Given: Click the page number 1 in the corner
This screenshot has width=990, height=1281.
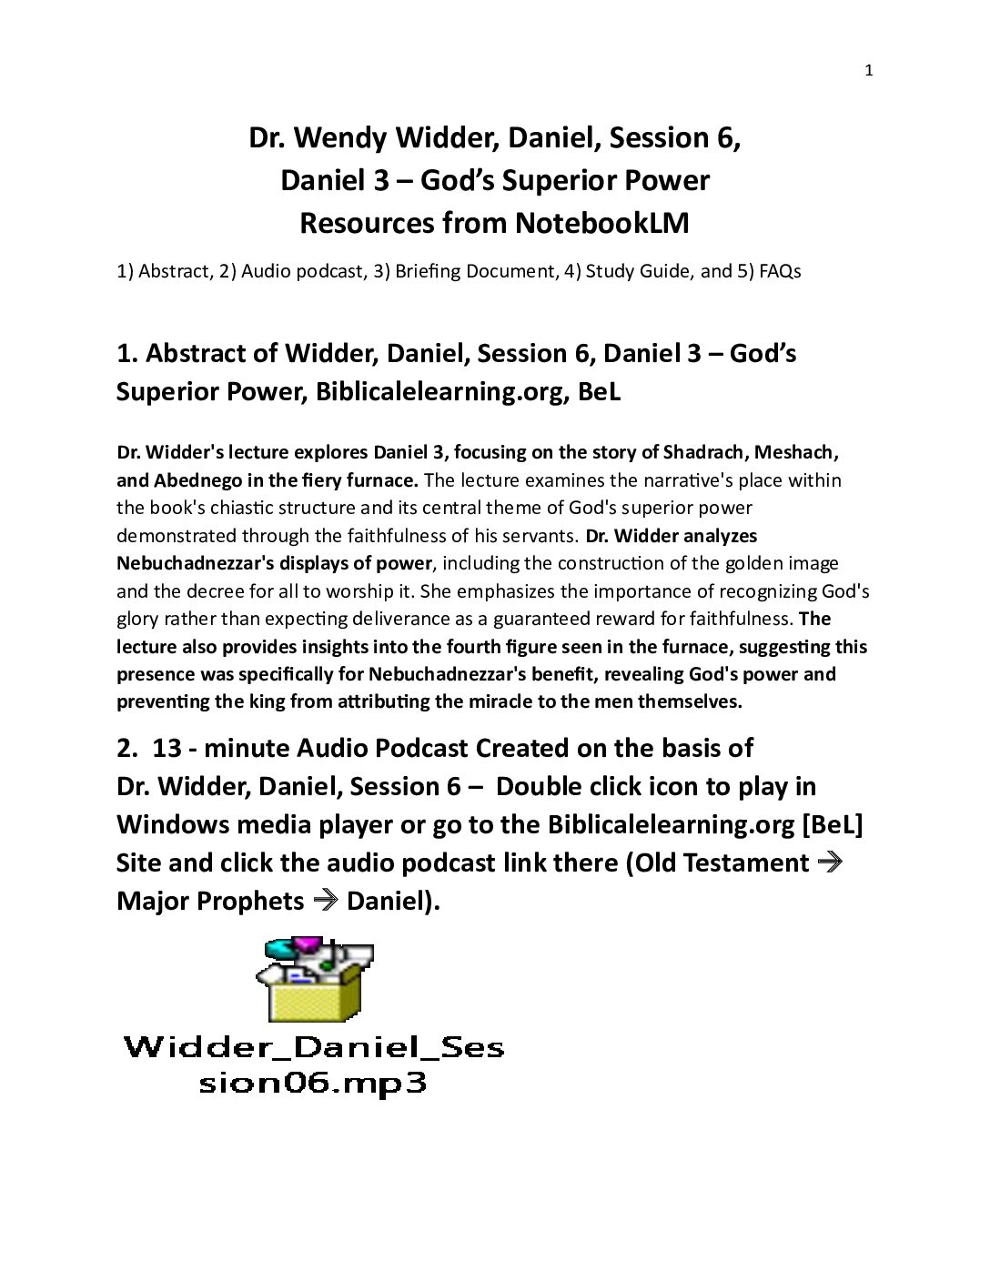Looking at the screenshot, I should [869, 71].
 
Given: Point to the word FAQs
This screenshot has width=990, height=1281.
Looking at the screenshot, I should [780, 271].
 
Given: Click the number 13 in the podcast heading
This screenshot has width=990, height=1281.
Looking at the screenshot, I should [167, 748].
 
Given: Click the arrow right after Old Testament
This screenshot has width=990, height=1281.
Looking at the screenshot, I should [830, 862].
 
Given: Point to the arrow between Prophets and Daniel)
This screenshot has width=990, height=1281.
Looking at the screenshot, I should [325, 901].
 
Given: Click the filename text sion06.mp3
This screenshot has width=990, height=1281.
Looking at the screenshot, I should [313, 1083].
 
